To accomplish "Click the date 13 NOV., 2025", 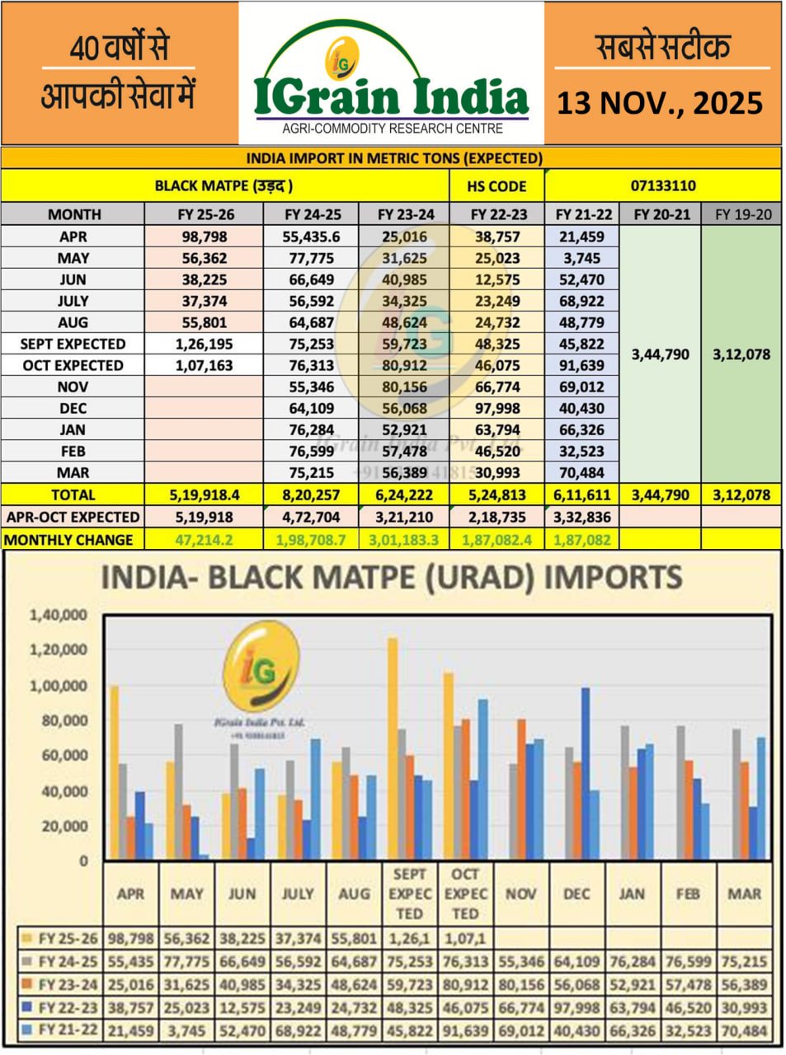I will pyautogui.click(x=660, y=103).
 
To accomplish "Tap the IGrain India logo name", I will pyautogui.click(x=391, y=97).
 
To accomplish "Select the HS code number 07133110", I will pyautogui.click(x=663, y=185).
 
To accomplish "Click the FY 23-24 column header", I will pyautogui.click(x=406, y=214).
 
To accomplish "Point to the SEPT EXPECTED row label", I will pyautogui.click(x=73, y=344).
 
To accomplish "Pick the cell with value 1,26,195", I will pyautogui.click(x=204, y=344).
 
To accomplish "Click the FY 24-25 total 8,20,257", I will pyautogui.click(x=312, y=495).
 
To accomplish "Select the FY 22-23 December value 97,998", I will pyautogui.click(x=497, y=408).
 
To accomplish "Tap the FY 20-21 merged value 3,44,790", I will pyautogui.click(x=660, y=354).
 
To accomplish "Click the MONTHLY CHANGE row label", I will pyautogui.click(x=68, y=540).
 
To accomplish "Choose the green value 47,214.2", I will pyautogui.click(x=204, y=540).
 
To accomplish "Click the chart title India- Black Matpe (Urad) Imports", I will pyautogui.click(x=391, y=577).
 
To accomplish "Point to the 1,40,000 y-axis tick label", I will pyautogui.click(x=58, y=615).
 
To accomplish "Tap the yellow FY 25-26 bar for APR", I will pyautogui.click(x=114, y=772).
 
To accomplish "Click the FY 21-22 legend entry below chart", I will pyautogui.click(x=59, y=1030).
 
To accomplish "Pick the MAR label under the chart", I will pyautogui.click(x=744, y=893).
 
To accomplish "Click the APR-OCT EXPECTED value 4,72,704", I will pyautogui.click(x=312, y=518).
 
